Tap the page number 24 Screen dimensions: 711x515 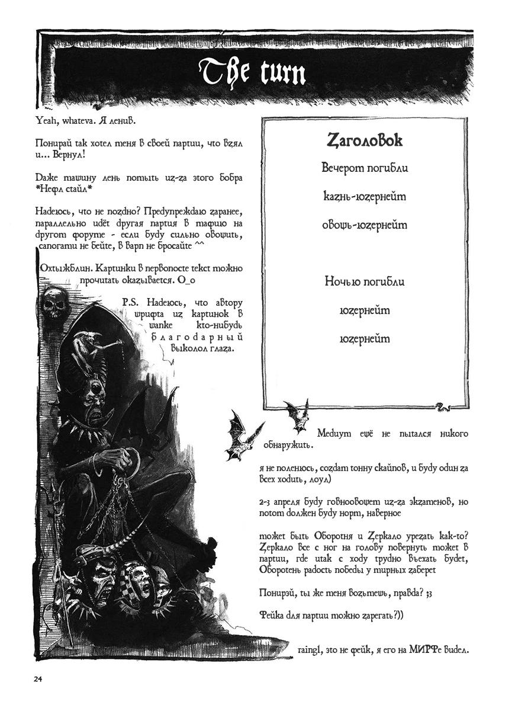(x=38, y=679)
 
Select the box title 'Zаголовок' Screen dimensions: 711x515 (x=365, y=140)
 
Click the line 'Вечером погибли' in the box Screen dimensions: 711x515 (x=365, y=168)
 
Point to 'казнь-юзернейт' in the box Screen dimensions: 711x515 (x=365, y=196)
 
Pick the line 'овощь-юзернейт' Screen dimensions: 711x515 (x=365, y=225)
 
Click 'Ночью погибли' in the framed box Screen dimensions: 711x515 (x=365, y=281)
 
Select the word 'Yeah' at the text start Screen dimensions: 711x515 (x=46, y=121)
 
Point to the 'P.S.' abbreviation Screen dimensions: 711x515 (x=130, y=302)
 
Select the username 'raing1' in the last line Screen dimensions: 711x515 (x=309, y=650)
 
